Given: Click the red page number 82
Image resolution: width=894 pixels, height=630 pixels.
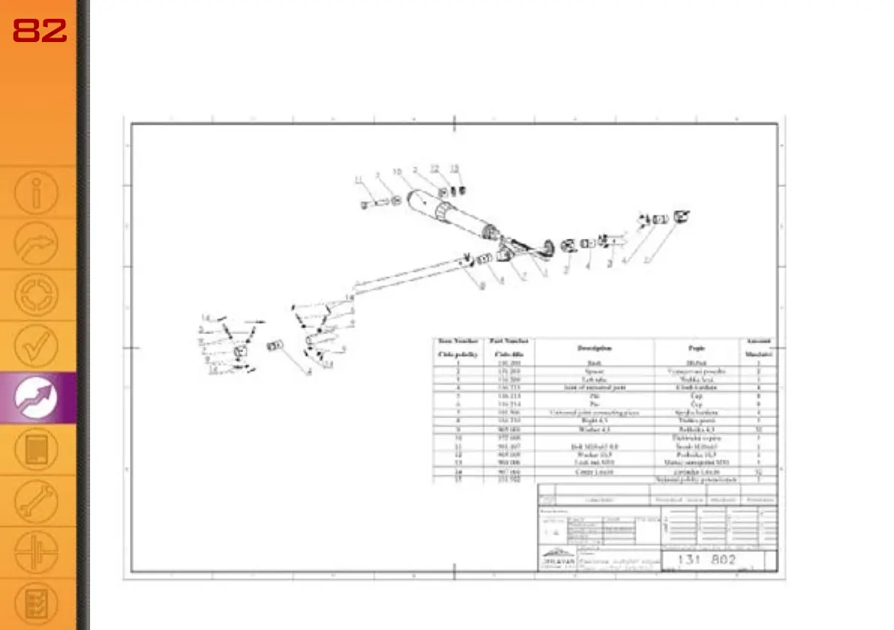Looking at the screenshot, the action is (x=40, y=30).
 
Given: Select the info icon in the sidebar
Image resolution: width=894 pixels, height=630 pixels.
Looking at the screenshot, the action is (x=36, y=193).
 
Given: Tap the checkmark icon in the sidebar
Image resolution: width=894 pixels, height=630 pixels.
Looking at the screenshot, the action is (x=36, y=346).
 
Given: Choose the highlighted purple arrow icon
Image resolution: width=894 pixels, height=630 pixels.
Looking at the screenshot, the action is (x=38, y=398).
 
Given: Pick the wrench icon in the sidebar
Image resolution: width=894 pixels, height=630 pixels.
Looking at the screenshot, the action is (x=36, y=502).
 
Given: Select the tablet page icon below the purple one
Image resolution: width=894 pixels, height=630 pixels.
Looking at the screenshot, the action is (x=36, y=450).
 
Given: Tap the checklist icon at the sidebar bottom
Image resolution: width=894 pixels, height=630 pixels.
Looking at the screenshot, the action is (x=36, y=602).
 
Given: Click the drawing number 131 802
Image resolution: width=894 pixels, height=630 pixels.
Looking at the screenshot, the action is (x=706, y=560).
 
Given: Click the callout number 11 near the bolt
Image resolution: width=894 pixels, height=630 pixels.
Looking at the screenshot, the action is (x=359, y=178).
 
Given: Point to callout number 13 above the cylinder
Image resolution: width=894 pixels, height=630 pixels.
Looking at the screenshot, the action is (x=454, y=168).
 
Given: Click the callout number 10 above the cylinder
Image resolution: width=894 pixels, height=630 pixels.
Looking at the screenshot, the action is (x=397, y=172).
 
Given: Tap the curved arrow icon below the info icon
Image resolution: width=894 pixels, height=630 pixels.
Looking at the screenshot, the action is (x=36, y=244).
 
